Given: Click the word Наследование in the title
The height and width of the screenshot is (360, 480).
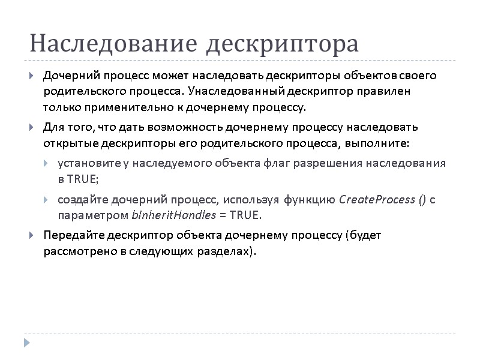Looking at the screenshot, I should [x=112, y=44].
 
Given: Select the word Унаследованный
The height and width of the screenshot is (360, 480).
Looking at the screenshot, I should [x=240, y=92].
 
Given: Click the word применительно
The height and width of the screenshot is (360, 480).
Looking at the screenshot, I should [x=116, y=108].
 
